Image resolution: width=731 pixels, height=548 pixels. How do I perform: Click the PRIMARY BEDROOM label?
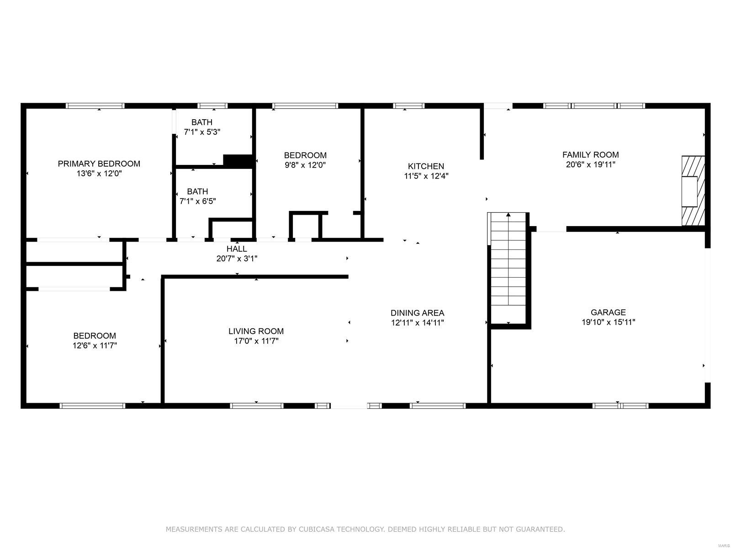99,163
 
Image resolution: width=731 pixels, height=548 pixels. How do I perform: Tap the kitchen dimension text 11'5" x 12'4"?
426,176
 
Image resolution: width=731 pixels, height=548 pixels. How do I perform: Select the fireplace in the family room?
693,190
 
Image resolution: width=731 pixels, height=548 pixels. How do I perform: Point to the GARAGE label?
608,312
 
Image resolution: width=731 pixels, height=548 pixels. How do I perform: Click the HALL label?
237,249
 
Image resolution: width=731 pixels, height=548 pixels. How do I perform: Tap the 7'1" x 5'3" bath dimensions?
202,132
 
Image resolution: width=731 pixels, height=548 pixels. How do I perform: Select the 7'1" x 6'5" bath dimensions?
197,201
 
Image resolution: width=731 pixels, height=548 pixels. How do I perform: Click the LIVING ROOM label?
256,331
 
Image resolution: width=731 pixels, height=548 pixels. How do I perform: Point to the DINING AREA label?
417,313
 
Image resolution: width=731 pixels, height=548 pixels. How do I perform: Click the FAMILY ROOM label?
590,155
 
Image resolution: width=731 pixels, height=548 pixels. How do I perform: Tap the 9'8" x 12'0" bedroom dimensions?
305,165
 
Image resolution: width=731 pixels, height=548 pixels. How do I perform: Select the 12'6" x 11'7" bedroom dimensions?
95,346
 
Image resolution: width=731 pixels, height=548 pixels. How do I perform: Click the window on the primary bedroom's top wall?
95,105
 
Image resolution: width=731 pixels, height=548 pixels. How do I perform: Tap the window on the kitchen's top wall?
408,105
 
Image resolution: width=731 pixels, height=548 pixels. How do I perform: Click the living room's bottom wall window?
256,406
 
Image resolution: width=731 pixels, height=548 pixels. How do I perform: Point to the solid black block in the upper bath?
238,161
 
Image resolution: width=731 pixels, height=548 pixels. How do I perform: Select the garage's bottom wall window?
620,406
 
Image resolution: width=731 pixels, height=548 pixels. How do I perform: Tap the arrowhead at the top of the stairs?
508,214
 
